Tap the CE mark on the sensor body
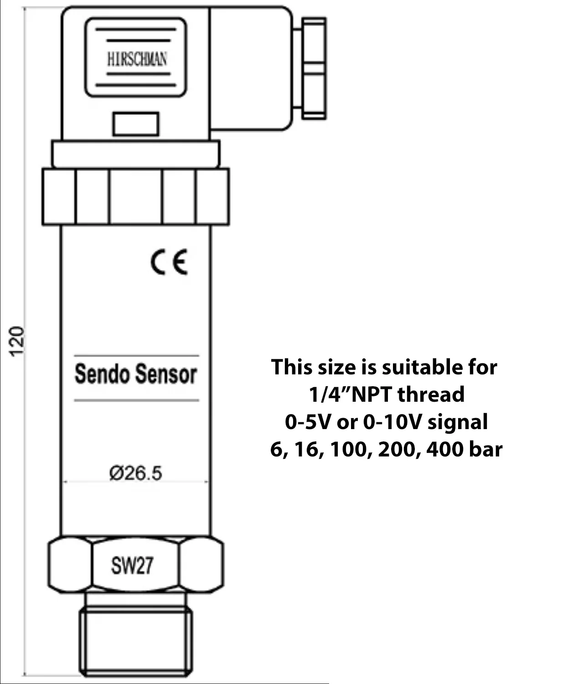point(170,261)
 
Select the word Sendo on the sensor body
point(102,374)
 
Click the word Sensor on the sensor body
point(166,374)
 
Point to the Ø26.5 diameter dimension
point(135,473)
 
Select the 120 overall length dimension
point(16,342)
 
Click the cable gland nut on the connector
point(314,68)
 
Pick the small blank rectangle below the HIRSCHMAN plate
point(136,124)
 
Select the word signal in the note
point(458,423)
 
